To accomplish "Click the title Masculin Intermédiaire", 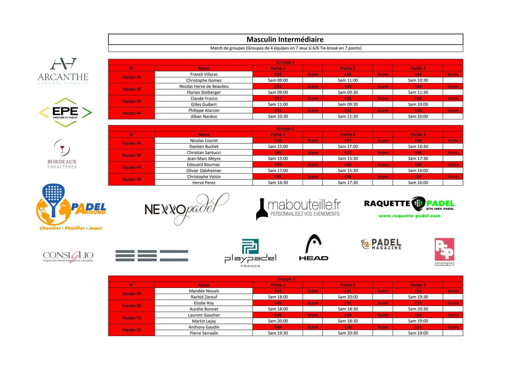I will pyautogui.click(x=285, y=39).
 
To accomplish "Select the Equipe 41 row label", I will pyautogui.click(x=131, y=77).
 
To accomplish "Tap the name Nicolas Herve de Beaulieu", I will pyautogui.click(x=204, y=86).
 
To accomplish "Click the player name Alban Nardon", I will pyautogui.click(x=204, y=117).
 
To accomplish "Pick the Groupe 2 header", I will pyautogui.click(x=285, y=128).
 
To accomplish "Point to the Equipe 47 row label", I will pyautogui.click(x=131, y=167).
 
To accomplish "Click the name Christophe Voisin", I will pyautogui.click(x=204, y=177).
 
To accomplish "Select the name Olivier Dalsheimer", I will pyautogui.click(x=204, y=171).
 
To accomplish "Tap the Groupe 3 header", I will pyautogui.click(x=286, y=279).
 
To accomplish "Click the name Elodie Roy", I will pyautogui.click(x=204, y=303).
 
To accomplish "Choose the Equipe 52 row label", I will pyautogui.click(x=131, y=330).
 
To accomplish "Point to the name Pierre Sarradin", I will pyautogui.click(x=204, y=333).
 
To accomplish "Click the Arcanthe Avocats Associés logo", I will pyautogui.click(x=63, y=71).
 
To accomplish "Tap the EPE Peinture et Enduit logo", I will pyautogui.click(x=65, y=112).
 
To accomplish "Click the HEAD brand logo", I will pyautogui.click(x=313, y=247).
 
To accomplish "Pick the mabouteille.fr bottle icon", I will pyautogui.click(x=262, y=209).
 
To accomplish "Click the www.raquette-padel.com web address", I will pyautogui.click(x=409, y=216).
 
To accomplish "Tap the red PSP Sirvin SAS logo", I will pyautogui.click(x=444, y=251).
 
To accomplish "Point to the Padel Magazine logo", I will pyautogui.click(x=381, y=244).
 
